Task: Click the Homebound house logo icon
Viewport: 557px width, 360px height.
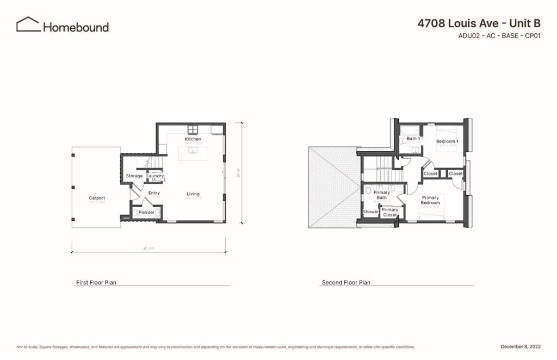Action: tap(28, 24)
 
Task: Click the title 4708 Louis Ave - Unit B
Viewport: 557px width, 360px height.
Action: tap(479, 23)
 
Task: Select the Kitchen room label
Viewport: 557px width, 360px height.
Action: tap(193, 139)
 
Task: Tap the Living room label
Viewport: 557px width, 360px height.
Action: tap(193, 194)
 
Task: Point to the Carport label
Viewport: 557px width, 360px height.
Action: tap(97, 198)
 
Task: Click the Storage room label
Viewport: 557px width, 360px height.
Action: tap(134, 176)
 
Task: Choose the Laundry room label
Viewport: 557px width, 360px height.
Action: tap(155, 176)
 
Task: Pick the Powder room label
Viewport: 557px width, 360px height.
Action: tap(146, 212)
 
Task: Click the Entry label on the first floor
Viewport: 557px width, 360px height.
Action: tap(154, 193)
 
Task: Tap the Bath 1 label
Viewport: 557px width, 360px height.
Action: tap(413, 139)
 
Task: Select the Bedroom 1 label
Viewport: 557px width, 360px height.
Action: tap(447, 141)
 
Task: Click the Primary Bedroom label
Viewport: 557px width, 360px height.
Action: tap(430, 200)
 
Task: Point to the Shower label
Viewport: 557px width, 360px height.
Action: tap(371, 212)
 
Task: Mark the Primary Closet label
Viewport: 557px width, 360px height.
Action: tap(389, 212)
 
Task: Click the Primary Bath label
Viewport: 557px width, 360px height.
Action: tap(382, 195)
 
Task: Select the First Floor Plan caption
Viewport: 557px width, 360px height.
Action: tap(96, 283)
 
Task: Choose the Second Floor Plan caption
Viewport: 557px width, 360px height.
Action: tap(346, 283)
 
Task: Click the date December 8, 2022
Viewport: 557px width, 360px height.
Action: tap(520, 346)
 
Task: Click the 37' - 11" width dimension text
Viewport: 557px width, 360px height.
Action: tap(148, 249)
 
